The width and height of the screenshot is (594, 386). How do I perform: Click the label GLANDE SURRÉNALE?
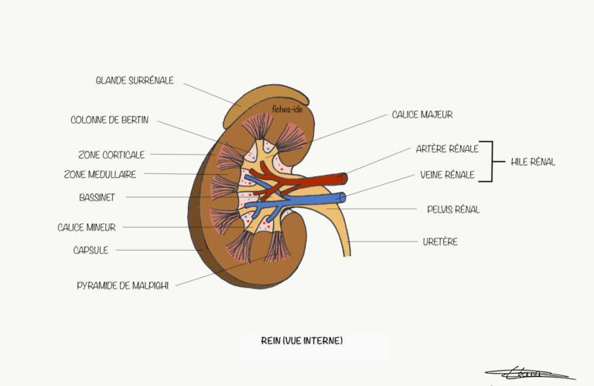tap(134, 80)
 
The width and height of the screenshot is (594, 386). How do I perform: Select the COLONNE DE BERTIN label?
tap(109, 121)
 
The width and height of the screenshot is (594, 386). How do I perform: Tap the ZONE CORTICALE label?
tap(111, 155)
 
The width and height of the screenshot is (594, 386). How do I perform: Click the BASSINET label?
tap(97, 197)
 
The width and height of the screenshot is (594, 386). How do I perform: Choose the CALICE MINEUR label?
tap(86, 227)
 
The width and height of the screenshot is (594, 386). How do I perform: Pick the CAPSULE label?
tap(90, 250)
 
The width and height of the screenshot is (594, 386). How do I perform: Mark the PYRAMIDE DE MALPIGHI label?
tap(122, 285)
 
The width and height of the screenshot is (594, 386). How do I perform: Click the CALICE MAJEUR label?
tap(422, 114)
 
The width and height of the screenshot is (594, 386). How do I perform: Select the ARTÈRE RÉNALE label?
tap(447, 149)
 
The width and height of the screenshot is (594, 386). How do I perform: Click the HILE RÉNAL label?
tap(533, 162)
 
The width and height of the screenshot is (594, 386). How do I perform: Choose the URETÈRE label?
tap(441, 241)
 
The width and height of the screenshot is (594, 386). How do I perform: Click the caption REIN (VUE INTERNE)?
tap(302, 340)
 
